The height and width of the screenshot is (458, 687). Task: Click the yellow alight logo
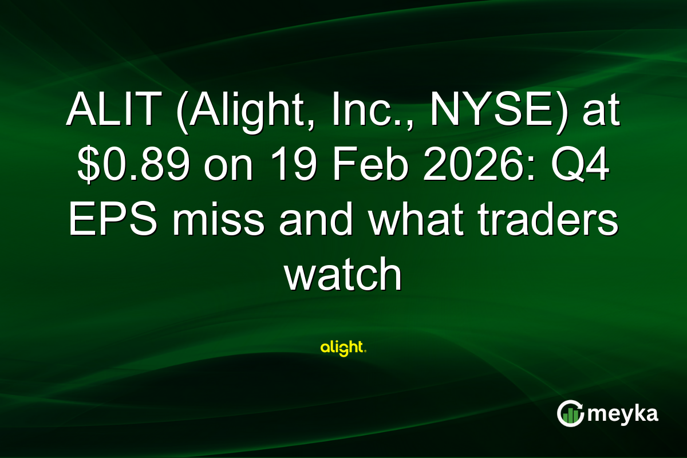tap(343, 348)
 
